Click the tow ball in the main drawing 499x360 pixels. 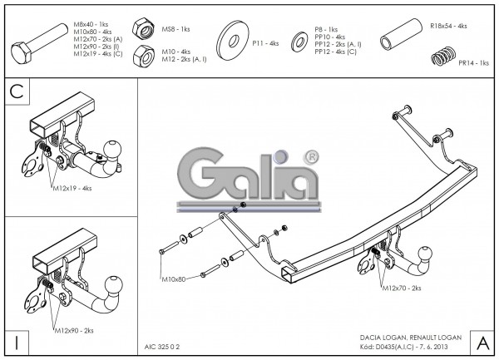(x=425, y=254)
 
